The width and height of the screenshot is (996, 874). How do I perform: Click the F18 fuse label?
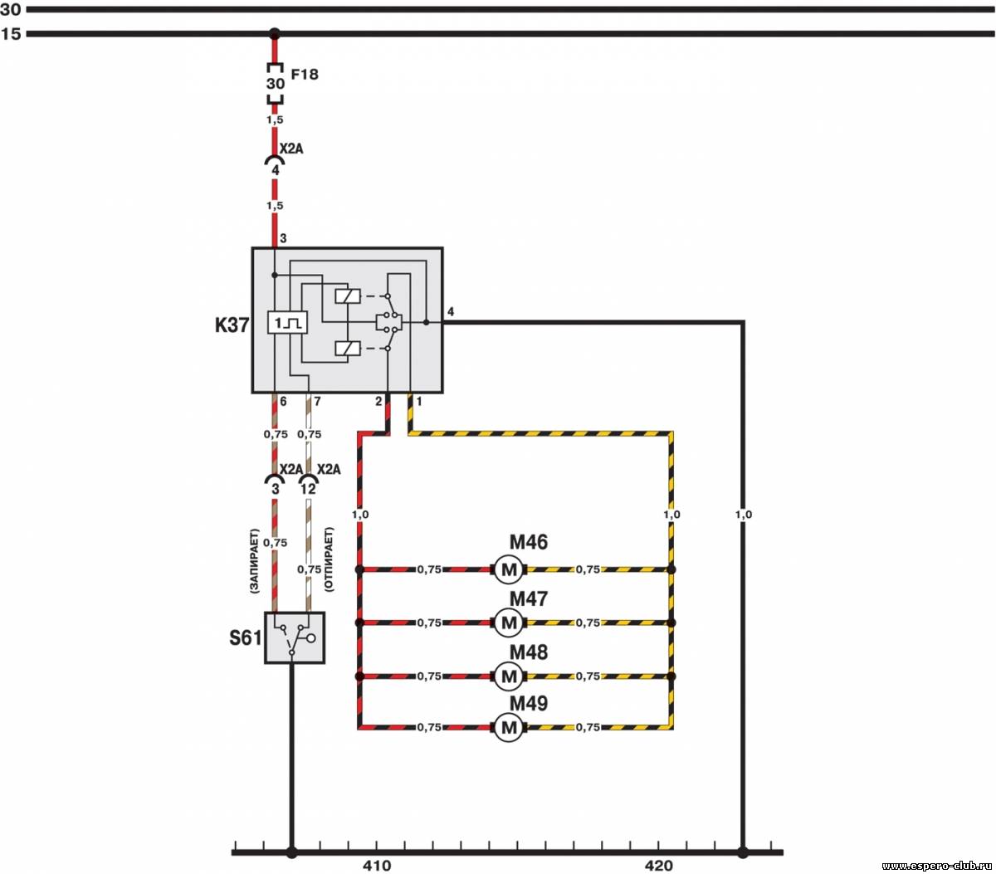pyautogui.click(x=305, y=74)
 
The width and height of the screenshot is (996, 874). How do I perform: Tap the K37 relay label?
pyautogui.click(x=232, y=325)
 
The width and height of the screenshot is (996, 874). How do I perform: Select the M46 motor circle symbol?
pyautogui.click(x=508, y=569)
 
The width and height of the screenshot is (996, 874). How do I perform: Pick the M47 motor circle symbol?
pyautogui.click(x=508, y=623)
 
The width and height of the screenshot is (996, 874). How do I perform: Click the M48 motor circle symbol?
pyautogui.click(x=508, y=676)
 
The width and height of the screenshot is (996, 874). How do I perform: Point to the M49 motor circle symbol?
pyautogui.click(x=508, y=727)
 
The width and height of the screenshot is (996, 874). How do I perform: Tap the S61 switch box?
pyautogui.click(x=295, y=637)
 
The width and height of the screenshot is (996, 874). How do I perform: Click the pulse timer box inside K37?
pyautogui.click(x=287, y=323)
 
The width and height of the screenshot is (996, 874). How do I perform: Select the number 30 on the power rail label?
pyautogui.click(x=10, y=9)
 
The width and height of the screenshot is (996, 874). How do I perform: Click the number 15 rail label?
pyautogui.click(x=11, y=34)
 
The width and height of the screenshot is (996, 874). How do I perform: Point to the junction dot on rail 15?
pyautogui.click(x=275, y=34)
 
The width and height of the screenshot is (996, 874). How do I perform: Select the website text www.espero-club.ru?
pyautogui.click(x=937, y=866)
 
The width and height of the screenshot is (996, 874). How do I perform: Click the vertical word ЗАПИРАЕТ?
pyautogui.click(x=254, y=561)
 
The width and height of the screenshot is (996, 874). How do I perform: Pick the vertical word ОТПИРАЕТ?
pyautogui.click(x=329, y=559)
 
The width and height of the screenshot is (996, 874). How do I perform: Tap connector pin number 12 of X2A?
pyautogui.click(x=308, y=489)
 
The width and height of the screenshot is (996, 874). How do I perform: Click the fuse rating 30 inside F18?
pyautogui.click(x=276, y=84)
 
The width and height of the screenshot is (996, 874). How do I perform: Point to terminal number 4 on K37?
pyautogui.click(x=451, y=311)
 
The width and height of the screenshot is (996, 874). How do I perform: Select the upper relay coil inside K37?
pyautogui.click(x=348, y=296)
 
